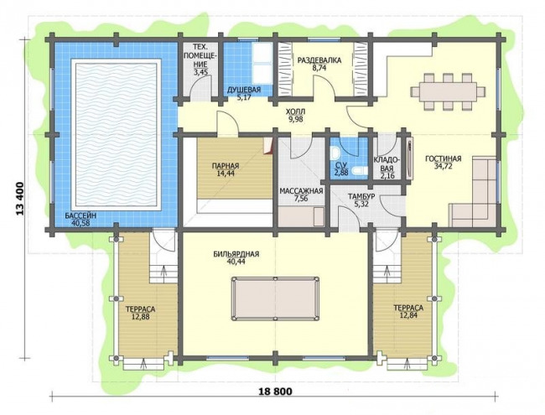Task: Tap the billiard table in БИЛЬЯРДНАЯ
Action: coord(275,299)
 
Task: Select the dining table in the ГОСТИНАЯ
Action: coord(448,91)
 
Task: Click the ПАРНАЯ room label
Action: coord(226,166)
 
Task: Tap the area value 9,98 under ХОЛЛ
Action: coord(296,120)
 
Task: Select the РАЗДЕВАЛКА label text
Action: coord(319,60)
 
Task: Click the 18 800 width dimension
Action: coord(276,392)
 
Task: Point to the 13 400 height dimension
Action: coord(20,199)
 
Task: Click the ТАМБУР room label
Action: coord(361,197)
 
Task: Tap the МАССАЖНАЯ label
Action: coord(301,191)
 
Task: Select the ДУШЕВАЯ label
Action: coord(244,91)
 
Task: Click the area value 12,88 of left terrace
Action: coord(140,317)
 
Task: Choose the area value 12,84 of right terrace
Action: coord(408,315)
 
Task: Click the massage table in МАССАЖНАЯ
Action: coord(301,216)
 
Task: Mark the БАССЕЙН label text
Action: coord(80,216)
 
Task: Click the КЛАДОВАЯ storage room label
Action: coord(387,164)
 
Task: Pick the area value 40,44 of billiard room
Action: coord(236,262)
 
